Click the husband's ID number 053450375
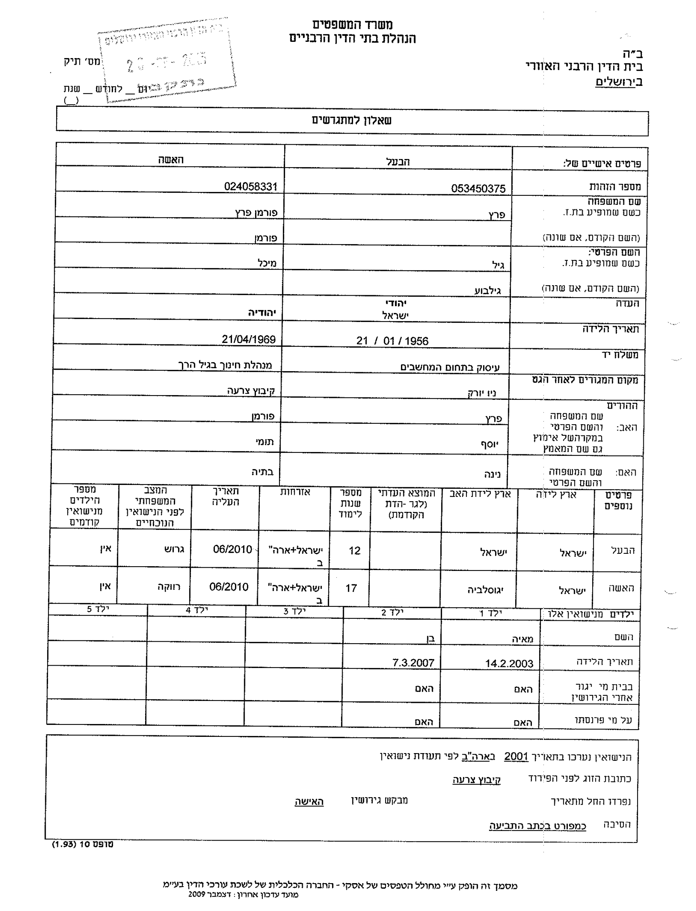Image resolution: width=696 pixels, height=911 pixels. [478, 189]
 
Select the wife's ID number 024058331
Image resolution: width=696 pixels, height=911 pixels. [250, 187]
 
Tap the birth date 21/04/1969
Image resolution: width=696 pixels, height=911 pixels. [249, 339]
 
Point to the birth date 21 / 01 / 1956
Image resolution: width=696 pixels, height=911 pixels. [392, 341]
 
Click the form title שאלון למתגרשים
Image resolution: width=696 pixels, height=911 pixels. [351, 120]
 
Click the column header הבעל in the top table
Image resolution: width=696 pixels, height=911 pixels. [398, 162]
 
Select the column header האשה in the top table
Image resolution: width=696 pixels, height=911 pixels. [170, 160]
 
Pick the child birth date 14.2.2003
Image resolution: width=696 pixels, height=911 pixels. [509, 664]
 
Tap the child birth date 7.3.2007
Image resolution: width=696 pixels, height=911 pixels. [413, 663]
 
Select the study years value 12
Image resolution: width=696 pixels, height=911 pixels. [354, 551]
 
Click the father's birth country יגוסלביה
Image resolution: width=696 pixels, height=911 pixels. [485, 590]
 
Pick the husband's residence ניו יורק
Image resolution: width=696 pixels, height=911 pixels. [482, 393]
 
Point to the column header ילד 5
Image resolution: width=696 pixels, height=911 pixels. [98, 609]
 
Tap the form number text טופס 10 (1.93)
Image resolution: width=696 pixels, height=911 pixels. [82, 844]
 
